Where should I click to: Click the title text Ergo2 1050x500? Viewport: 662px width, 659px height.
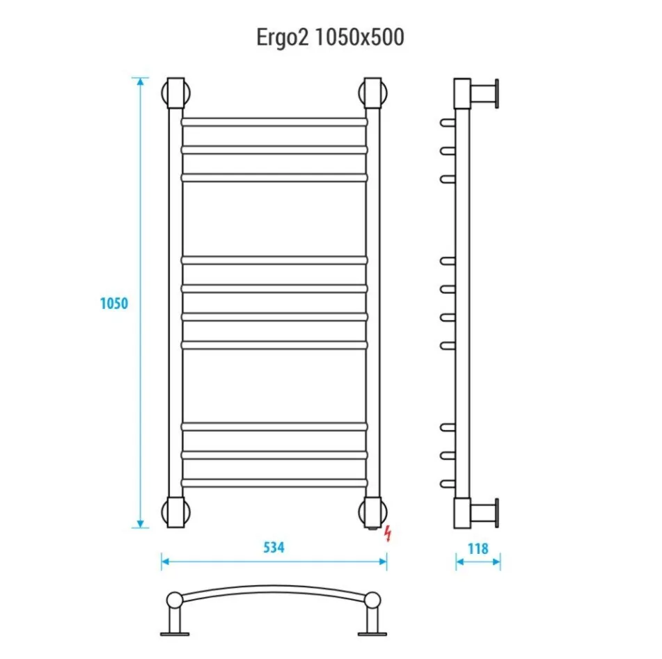[330, 38]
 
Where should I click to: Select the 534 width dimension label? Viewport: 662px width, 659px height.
[274, 548]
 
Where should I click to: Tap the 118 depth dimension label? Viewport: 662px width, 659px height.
[478, 548]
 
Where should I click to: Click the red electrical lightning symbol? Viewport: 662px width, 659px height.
[388, 534]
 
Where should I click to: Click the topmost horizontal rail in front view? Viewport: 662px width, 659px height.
[274, 122]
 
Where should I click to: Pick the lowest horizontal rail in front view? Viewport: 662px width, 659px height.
[274, 482]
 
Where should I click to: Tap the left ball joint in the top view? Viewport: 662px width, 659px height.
[174, 601]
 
